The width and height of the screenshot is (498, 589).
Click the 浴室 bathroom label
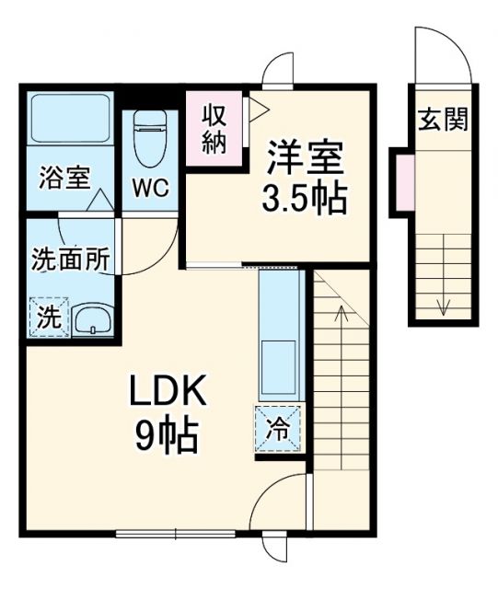[64, 178]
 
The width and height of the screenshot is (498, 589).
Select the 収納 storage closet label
[215, 130]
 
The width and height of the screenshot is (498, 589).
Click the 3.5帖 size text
[307, 198]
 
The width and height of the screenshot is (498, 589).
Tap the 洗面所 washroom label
[71, 260]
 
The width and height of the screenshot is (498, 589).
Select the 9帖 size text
[168, 434]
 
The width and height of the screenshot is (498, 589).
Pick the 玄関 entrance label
[445, 120]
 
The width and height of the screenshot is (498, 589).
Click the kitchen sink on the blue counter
[279, 364]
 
